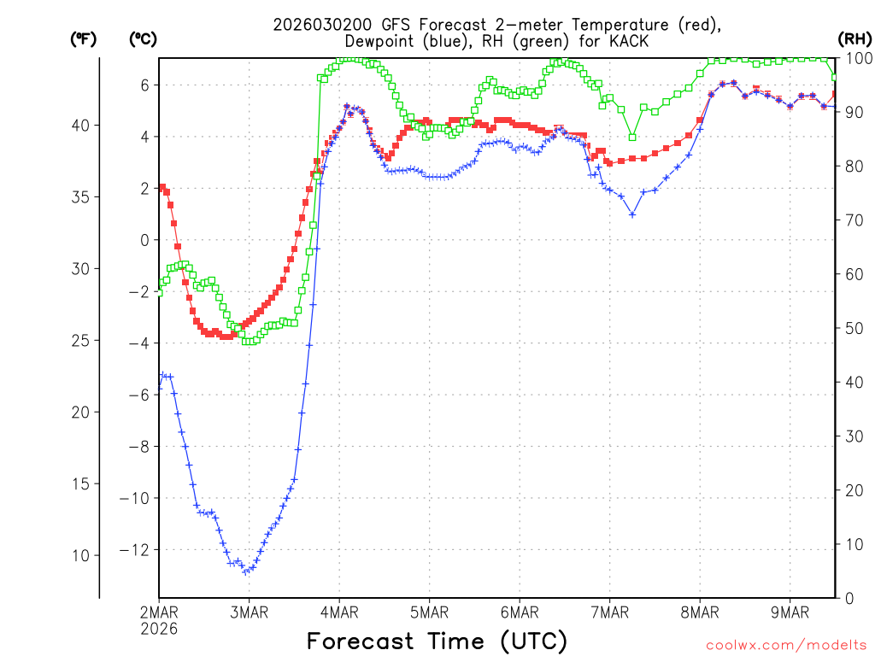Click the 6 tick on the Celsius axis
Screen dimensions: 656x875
145,85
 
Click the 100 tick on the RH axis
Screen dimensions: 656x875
857,58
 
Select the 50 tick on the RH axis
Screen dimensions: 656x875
854,328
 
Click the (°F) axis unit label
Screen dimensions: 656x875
84,38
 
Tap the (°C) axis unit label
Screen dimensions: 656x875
143,38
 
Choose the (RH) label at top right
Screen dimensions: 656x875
855,38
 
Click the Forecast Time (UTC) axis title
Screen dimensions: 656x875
437,641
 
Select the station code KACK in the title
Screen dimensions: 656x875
629,41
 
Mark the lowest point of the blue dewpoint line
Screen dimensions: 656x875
245,571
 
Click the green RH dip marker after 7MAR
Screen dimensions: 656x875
632,137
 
